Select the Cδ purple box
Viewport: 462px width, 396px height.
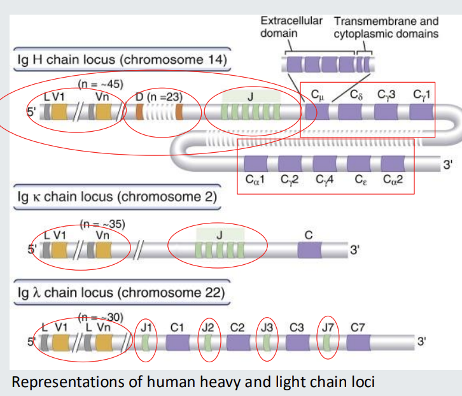[x=349, y=113]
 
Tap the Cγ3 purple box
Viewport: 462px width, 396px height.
[x=386, y=113]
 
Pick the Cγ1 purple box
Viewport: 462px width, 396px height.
[x=421, y=113]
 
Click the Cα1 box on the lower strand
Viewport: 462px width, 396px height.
[x=256, y=164]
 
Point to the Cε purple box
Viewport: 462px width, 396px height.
[x=359, y=164]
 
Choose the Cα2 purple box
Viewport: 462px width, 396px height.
[x=393, y=164]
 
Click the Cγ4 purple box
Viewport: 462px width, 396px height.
[x=325, y=164]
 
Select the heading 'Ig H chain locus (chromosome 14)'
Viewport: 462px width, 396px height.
[x=121, y=60]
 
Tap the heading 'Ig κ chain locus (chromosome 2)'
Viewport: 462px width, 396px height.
[x=117, y=196]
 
